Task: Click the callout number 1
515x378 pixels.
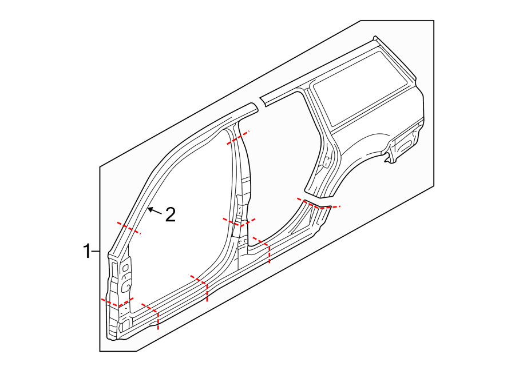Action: pos(87,250)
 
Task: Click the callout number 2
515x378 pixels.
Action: pos(170,215)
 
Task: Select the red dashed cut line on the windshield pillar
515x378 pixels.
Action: pos(129,229)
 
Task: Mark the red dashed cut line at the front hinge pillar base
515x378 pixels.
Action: pos(117,303)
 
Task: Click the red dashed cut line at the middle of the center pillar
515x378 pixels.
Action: pos(239,222)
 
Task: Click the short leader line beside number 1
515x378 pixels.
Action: pos(96,250)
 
